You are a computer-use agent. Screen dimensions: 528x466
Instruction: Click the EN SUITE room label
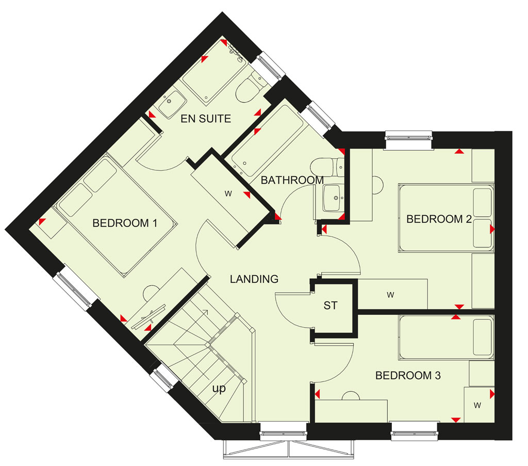tap(206, 119)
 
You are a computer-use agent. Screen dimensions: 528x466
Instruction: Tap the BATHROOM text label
tap(292, 180)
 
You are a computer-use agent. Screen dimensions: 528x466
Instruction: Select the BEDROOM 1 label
tap(125, 223)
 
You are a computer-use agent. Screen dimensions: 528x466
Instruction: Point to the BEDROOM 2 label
tap(439, 219)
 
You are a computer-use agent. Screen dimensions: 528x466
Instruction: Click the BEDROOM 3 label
tap(408, 375)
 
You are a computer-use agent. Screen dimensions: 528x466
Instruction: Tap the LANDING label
tap(254, 279)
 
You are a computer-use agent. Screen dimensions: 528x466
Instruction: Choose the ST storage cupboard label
tap(331, 306)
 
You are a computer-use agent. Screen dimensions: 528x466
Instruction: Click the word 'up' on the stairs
tap(219, 389)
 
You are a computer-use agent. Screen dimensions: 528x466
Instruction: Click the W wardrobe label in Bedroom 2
tap(391, 295)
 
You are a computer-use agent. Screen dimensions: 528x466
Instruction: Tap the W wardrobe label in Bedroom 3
tap(477, 405)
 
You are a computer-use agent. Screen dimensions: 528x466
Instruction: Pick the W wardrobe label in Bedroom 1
tap(228, 194)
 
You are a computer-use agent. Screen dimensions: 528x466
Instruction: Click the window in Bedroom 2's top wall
tap(408, 139)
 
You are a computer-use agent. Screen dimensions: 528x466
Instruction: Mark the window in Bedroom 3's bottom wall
tap(415, 430)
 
